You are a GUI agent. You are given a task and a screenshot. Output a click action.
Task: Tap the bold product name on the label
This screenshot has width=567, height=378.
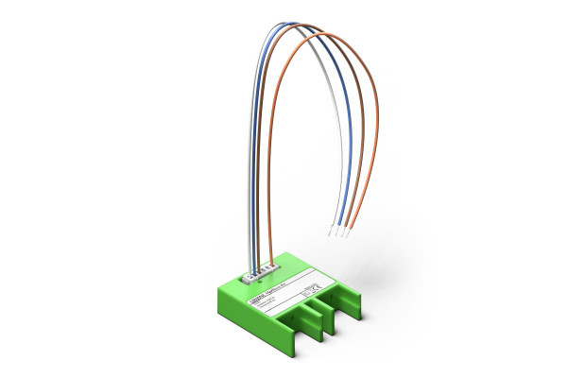[269, 291]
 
